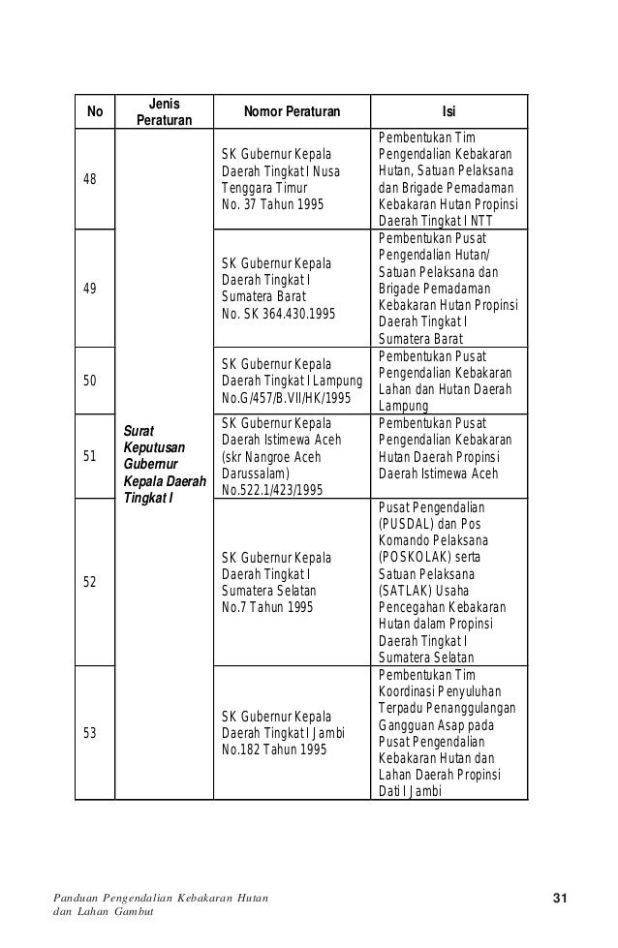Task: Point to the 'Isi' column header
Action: pos(449,111)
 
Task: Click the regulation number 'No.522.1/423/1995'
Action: pos(272,490)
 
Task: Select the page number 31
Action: pos(559,901)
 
